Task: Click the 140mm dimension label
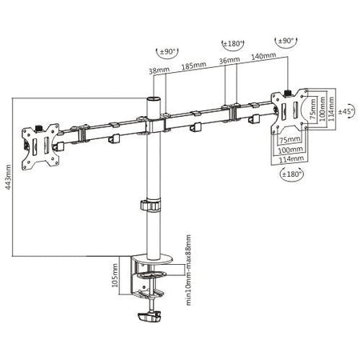[263, 57]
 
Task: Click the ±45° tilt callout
[346, 110]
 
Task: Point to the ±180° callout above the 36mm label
[231, 42]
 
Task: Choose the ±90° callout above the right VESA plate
[286, 42]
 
